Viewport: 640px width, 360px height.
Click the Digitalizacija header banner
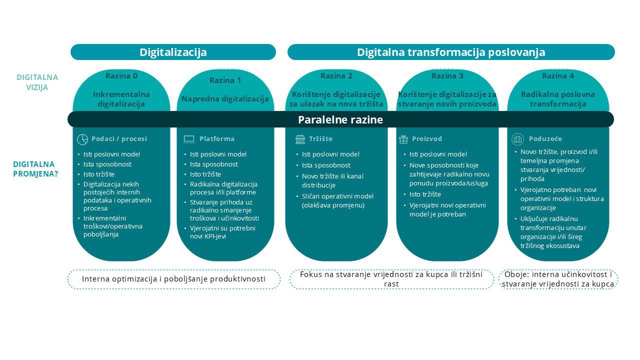[173, 52]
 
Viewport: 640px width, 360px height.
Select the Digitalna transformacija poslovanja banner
[450, 52]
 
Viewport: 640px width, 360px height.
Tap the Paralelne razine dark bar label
[340, 119]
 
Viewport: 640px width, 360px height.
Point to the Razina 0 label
[121, 76]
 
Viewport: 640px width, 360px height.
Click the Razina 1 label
[225, 80]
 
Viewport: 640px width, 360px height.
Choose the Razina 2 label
[336, 76]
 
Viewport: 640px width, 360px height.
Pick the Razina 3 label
[447, 76]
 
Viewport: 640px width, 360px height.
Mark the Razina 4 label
[558, 76]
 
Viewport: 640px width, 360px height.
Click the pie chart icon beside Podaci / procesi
[82, 139]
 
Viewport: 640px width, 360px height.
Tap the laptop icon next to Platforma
[189, 139]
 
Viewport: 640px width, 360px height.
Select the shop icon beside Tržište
[300, 139]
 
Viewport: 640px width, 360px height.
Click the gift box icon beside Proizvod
[403, 139]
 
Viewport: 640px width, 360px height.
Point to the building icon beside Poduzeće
[518, 139]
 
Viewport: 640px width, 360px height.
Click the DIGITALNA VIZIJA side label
[37, 82]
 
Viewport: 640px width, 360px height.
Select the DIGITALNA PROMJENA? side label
[33, 169]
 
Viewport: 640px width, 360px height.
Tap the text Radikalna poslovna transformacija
[558, 99]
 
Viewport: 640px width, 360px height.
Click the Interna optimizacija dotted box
[173, 279]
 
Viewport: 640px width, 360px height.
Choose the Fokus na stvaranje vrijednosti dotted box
[391, 279]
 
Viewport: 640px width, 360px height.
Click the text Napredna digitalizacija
[225, 99]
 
